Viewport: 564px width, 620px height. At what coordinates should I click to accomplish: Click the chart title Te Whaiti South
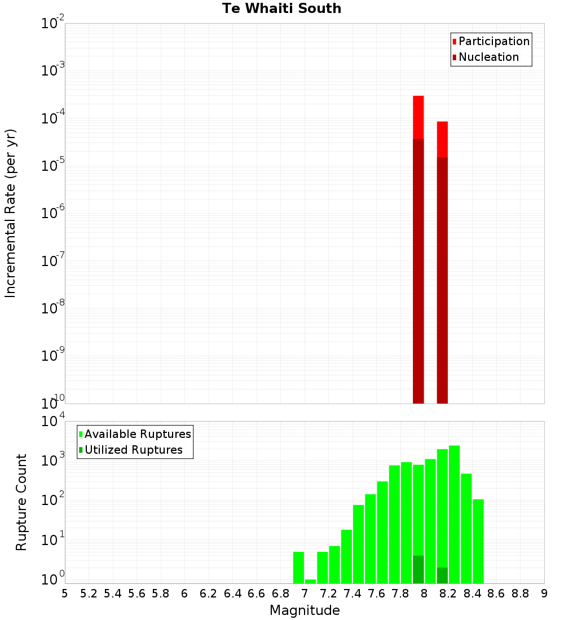[x=281, y=8]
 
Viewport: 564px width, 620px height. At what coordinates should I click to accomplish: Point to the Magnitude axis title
[x=305, y=610]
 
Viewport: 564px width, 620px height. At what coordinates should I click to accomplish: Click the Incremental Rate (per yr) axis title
[x=11, y=214]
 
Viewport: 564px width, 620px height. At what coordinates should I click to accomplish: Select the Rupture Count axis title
[x=21, y=502]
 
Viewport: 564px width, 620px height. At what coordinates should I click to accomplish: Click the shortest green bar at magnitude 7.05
[x=311, y=581]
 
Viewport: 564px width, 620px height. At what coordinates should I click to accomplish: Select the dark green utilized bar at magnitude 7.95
[x=418, y=569]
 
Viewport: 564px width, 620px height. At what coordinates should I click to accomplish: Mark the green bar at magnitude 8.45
[x=478, y=541]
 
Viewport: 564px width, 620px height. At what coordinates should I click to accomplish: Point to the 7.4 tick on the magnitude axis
[x=352, y=593]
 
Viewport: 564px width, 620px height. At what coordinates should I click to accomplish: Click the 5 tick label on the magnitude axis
[x=65, y=593]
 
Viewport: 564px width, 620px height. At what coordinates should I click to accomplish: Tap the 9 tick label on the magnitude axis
[x=544, y=593]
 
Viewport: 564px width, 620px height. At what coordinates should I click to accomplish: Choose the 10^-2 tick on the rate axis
[x=53, y=24]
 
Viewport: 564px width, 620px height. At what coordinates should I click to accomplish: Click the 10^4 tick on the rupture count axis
[x=53, y=421]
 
